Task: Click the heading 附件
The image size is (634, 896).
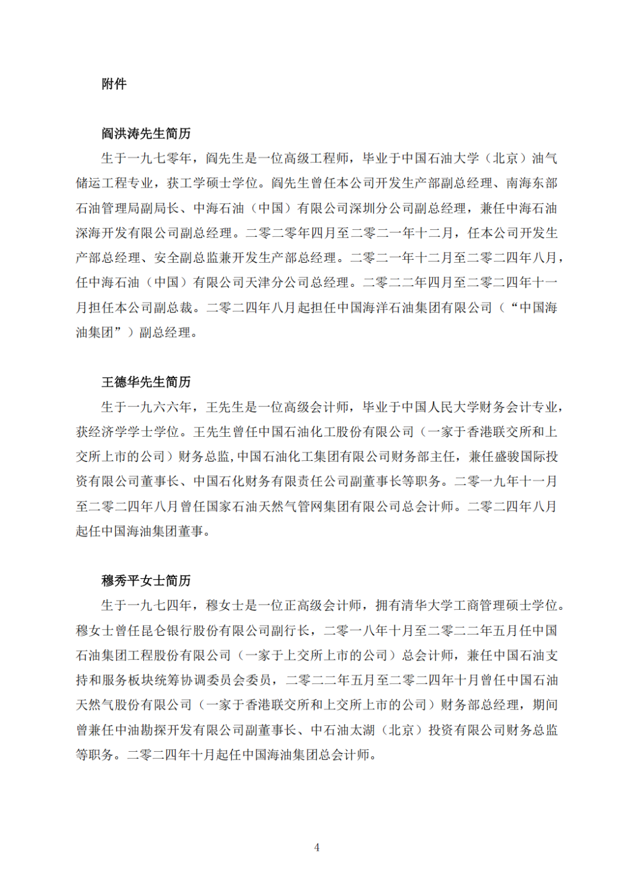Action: click(x=114, y=84)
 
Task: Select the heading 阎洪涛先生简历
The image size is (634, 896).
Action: click(x=146, y=134)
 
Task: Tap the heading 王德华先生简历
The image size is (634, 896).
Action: click(x=146, y=382)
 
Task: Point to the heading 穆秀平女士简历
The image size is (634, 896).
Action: click(x=146, y=581)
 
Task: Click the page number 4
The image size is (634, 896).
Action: click(x=317, y=847)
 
